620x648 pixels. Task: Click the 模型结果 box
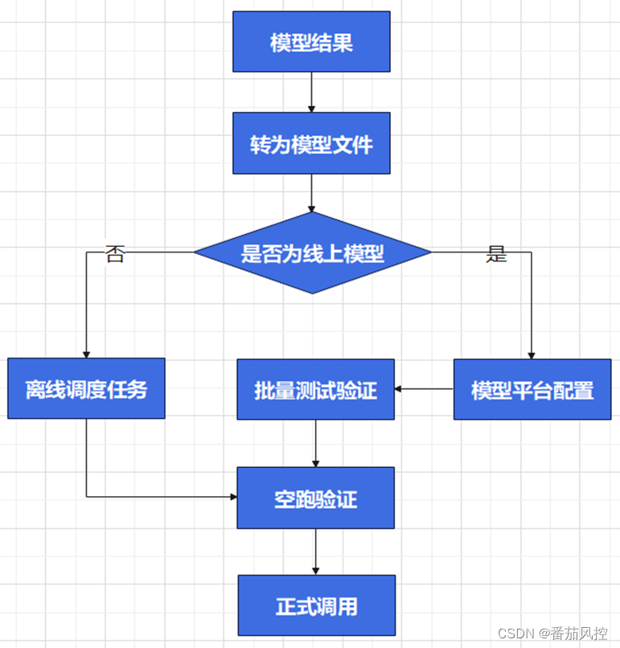pos(311,42)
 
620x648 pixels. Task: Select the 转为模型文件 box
pos(311,143)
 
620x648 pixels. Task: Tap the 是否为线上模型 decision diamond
pos(312,253)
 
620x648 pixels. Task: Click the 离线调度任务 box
pos(86,388)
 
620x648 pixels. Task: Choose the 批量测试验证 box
pos(315,390)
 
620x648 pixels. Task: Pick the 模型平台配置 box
pos(532,390)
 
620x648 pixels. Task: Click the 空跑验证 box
pos(315,498)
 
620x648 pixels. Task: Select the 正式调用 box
pos(316,605)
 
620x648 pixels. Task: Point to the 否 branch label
pos(115,256)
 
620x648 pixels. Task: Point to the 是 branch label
pos(497,256)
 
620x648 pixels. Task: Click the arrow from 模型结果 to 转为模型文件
pos(311,92)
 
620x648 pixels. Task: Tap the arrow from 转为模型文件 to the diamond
pos(311,193)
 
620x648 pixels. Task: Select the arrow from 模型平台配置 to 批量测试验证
pos(424,389)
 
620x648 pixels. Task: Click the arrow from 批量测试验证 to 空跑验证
pos(315,443)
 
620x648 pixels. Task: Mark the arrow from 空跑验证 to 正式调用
pos(315,552)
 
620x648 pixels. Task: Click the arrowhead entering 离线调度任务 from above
pos(86,354)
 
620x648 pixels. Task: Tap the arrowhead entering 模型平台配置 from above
pos(532,354)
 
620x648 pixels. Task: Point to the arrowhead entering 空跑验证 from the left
pos(232,497)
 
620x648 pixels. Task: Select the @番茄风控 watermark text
pos(573,634)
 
